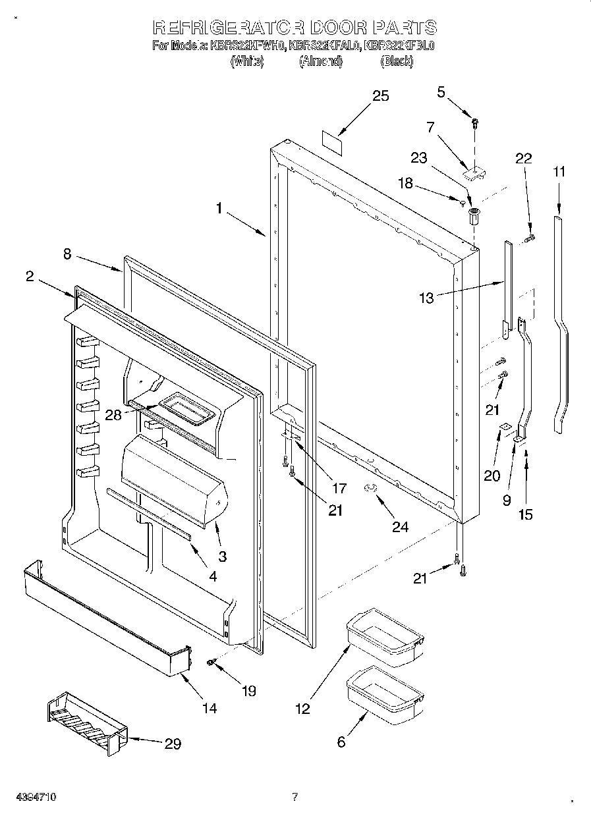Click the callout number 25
(381, 96)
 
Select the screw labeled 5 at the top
(474, 122)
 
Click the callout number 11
(559, 172)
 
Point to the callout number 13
(427, 298)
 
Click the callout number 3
(222, 557)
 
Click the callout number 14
(209, 708)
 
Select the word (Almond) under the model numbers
(321, 61)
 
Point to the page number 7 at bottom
(295, 797)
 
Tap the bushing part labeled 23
(473, 215)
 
